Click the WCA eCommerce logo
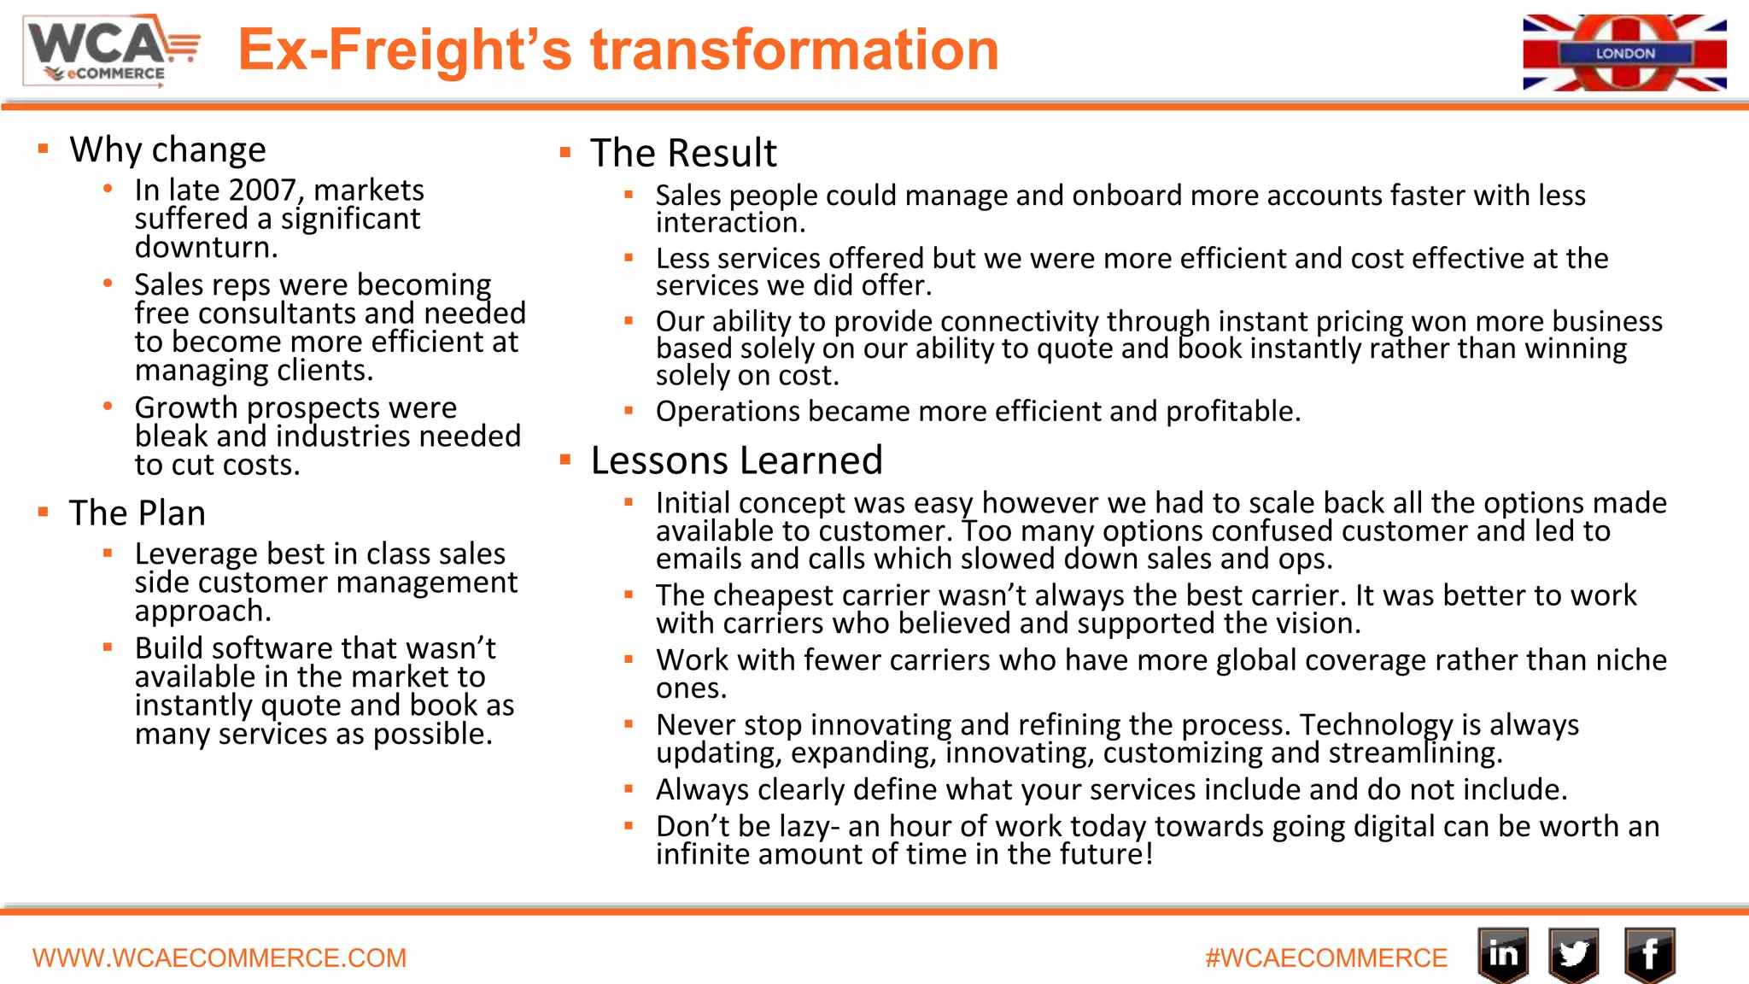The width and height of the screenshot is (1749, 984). click(112, 51)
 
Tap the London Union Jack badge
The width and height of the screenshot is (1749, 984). click(1624, 52)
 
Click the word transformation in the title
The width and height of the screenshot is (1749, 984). click(794, 50)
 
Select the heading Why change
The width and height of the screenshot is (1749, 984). click(167, 149)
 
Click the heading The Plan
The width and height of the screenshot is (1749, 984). click(137, 513)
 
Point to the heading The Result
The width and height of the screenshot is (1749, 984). click(683, 154)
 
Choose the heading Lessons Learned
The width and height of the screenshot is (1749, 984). click(736, 460)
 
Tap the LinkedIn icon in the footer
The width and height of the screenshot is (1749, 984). click(1503, 954)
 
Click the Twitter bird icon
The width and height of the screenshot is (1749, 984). click(1574, 954)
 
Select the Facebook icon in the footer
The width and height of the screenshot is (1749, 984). click(1649, 954)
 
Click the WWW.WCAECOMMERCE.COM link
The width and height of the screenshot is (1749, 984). click(219, 958)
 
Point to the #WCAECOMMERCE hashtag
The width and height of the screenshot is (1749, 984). click(1326, 958)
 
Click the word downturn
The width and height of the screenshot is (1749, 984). click(206, 248)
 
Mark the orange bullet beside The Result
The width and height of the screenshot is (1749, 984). click(565, 153)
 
